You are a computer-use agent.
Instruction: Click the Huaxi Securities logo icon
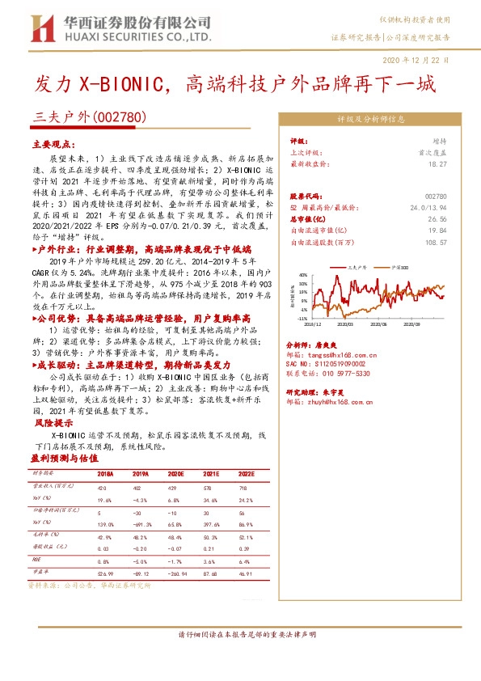pyautogui.click(x=36, y=28)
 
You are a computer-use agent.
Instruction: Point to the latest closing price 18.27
pyautogui.click(x=437, y=164)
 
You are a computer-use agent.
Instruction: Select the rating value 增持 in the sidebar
pyautogui.click(x=439, y=141)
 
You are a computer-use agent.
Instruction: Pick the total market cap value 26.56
pyautogui.click(x=437, y=218)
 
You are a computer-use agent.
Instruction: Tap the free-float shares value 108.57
pyautogui.click(x=435, y=242)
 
